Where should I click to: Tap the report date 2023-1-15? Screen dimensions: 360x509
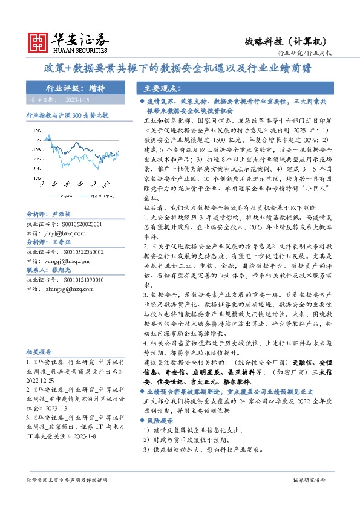(x=76, y=99)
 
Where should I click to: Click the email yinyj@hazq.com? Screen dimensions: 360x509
(x=64, y=232)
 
